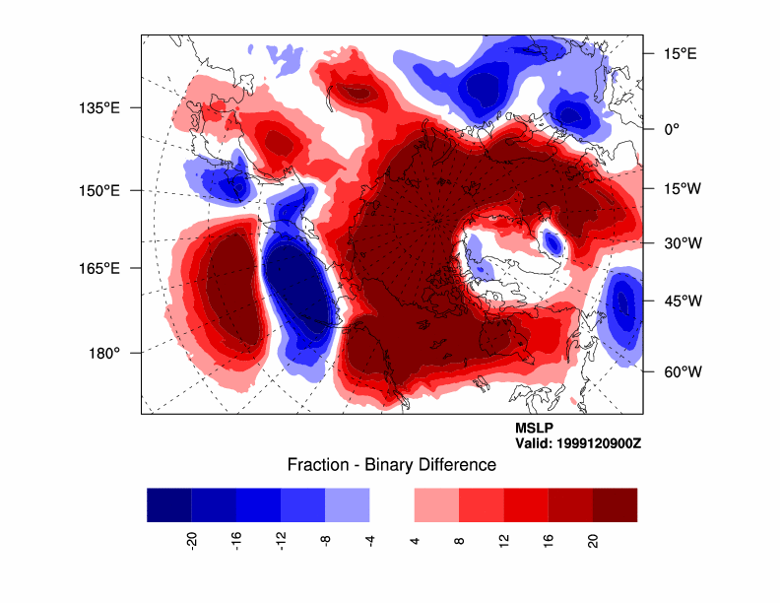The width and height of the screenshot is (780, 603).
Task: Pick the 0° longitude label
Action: click(671, 129)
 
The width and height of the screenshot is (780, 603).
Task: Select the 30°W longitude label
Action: click(680, 242)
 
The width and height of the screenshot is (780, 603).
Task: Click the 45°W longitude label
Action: click(680, 301)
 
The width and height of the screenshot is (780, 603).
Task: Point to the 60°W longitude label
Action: click(680, 372)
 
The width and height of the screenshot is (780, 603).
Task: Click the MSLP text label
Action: click(535, 429)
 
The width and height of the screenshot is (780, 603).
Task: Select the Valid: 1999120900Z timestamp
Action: click(578, 443)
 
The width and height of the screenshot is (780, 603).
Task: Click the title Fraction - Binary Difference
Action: click(391, 464)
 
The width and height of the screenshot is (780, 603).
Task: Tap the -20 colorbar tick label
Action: click(191, 540)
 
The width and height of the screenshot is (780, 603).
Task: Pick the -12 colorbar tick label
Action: click(281, 540)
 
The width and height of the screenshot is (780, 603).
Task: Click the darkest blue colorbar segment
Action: click(168, 504)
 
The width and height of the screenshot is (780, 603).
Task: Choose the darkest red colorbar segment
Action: click(615, 504)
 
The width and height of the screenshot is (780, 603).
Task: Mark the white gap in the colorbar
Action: click(392, 504)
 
